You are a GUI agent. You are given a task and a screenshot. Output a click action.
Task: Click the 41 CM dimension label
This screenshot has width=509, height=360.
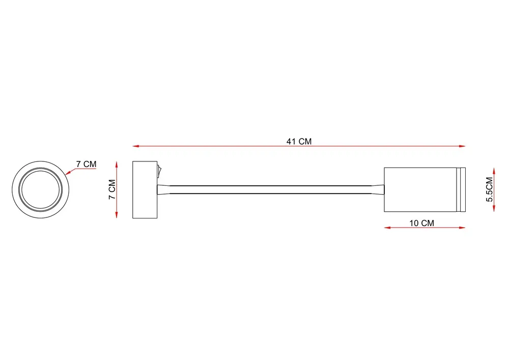coord(299,142)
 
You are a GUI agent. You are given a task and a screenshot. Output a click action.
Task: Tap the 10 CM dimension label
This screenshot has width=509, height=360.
coord(421,224)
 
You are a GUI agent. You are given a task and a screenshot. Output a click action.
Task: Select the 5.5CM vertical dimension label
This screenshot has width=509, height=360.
coord(490,189)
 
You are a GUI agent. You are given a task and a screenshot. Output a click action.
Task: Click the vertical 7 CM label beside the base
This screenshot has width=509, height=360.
coord(112,189)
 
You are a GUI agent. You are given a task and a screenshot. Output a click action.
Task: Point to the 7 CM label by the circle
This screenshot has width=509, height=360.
coord(87,164)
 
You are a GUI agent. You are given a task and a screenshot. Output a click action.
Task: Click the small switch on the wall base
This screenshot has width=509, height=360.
coord(158,171)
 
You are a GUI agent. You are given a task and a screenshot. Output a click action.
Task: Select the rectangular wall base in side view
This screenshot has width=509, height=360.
coord(145,189)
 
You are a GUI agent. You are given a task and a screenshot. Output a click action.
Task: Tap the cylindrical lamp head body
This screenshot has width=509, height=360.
coord(420,189)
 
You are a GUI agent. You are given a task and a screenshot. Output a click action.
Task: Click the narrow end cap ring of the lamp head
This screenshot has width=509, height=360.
coord(461,189)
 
